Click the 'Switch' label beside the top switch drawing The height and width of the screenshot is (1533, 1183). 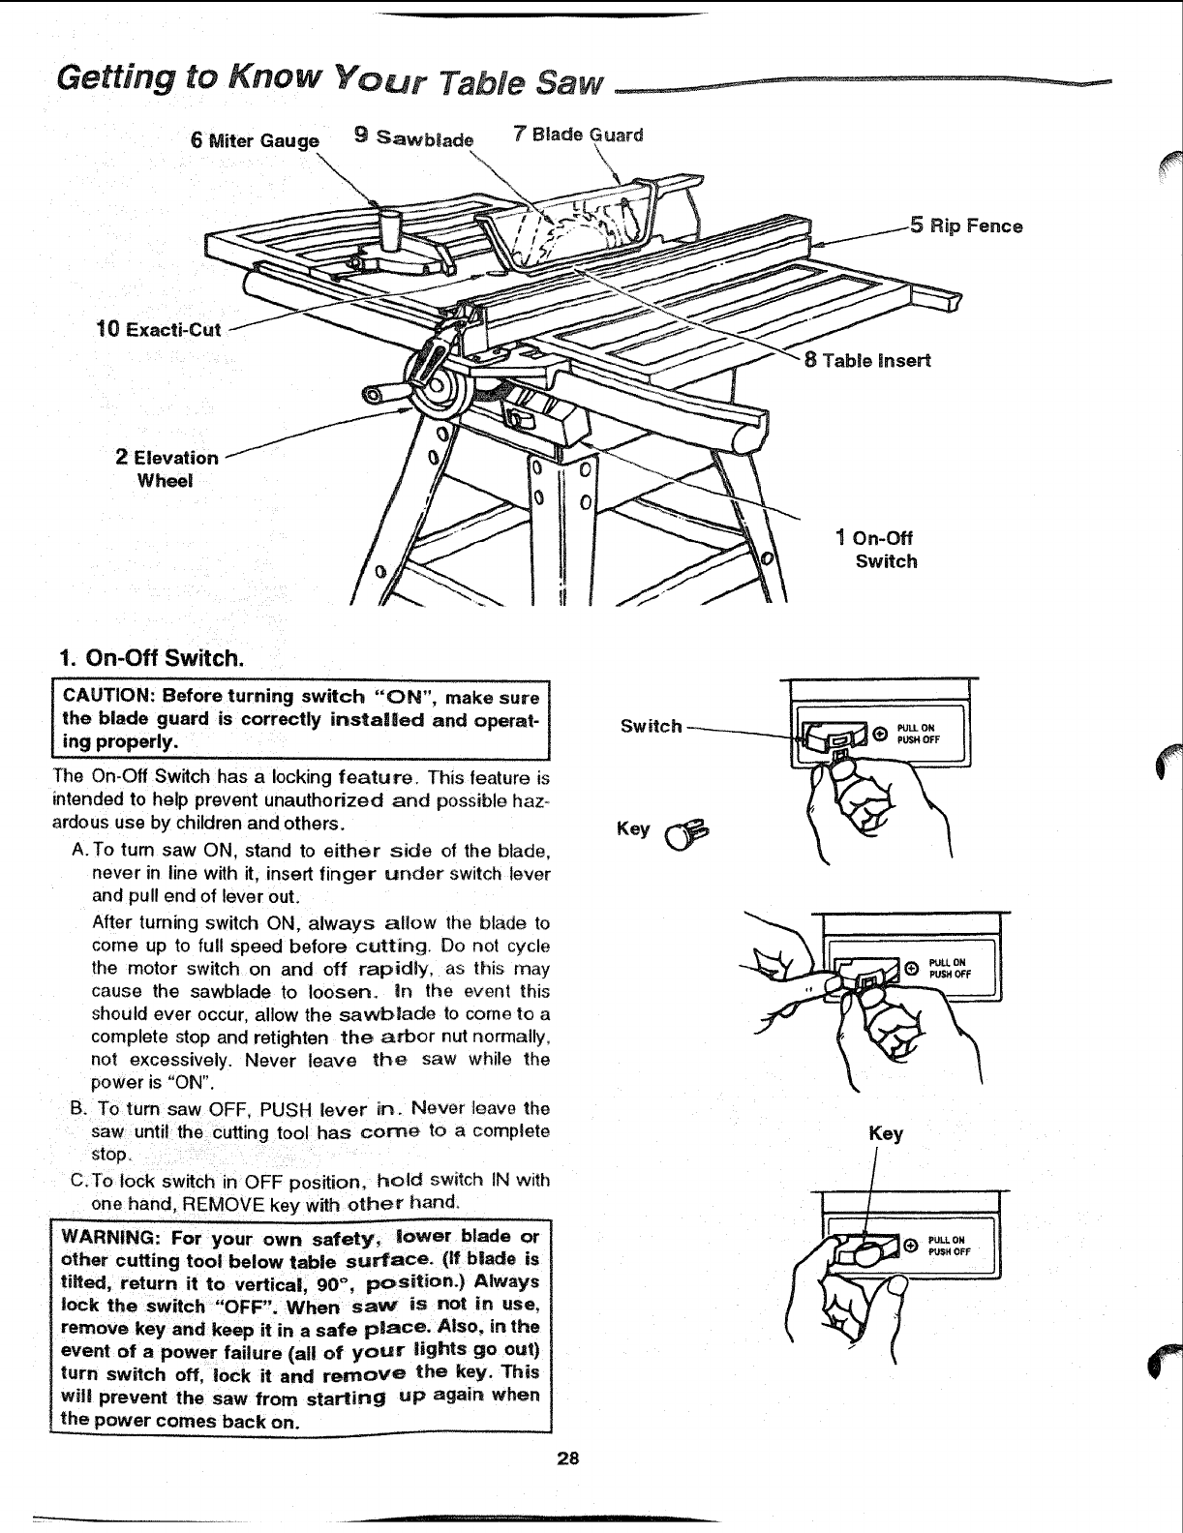pos(652,726)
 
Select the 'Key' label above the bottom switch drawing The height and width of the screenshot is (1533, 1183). pos(885,1133)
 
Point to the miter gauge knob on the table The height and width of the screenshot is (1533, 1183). pos(393,225)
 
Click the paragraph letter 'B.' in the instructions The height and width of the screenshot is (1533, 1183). pos(79,1109)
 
